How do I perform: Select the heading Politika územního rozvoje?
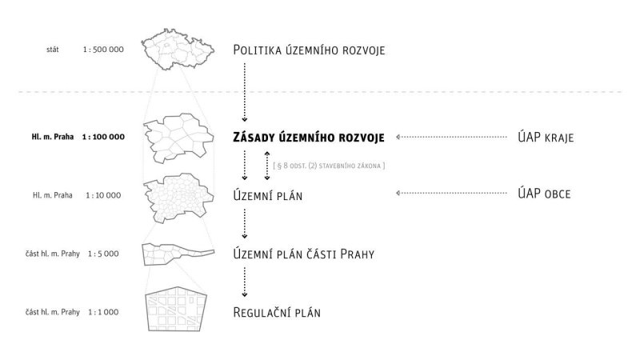pos(309,50)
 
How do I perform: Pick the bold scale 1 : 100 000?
pos(104,137)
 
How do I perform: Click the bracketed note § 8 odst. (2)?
pos(329,166)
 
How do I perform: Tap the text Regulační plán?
pos(277,312)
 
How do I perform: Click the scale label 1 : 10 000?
pos(104,194)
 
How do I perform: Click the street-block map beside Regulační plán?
pos(177,310)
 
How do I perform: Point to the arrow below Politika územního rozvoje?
pos(244,92)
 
